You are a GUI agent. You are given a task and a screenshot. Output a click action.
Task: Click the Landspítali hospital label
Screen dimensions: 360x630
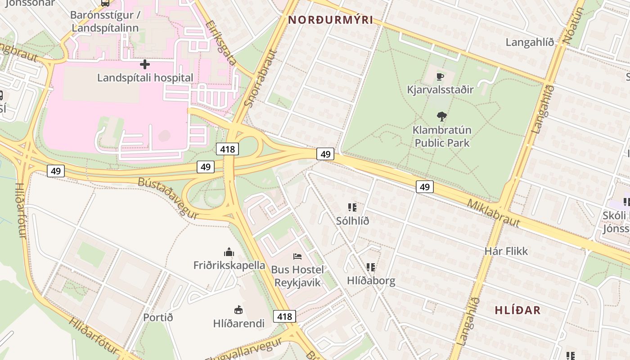[x=145, y=78]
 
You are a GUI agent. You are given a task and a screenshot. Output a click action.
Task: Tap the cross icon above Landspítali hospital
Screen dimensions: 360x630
[x=145, y=64]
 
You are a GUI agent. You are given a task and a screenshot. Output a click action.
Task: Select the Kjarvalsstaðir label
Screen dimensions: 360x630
[x=440, y=90]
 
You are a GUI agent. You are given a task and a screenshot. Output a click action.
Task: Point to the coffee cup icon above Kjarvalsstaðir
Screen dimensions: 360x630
[x=440, y=76]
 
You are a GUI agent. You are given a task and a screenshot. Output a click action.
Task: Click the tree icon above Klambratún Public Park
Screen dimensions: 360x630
[x=442, y=117]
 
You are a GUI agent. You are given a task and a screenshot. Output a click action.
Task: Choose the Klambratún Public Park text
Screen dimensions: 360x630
[x=442, y=136]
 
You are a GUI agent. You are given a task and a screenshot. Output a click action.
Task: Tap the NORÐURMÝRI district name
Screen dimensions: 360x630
[x=331, y=20]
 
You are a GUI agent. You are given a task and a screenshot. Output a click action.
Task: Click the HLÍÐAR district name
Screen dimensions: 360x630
[x=517, y=310]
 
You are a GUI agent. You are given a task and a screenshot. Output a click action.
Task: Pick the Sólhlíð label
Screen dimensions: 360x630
[x=352, y=221]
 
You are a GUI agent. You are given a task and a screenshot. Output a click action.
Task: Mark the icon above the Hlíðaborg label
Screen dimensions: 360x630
[x=371, y=267]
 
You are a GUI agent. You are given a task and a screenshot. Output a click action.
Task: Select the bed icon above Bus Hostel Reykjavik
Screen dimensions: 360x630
[x=297, y=256]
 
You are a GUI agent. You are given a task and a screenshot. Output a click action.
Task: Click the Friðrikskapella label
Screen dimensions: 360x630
[x=229, y=265]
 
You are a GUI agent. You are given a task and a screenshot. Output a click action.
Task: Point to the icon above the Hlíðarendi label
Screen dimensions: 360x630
[x=238, y=310]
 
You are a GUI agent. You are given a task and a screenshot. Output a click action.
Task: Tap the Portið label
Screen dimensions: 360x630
[x=158, y=317]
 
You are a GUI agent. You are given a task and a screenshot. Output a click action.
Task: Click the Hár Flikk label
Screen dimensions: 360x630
[x=506, y=251]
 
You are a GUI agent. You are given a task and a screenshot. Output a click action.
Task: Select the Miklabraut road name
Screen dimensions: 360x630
[x=493, y=213]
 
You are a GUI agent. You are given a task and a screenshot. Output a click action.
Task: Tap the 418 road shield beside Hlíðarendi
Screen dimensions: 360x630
[x=284, y=316]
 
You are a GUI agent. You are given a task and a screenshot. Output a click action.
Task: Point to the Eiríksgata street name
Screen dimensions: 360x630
[x=220, y=43]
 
